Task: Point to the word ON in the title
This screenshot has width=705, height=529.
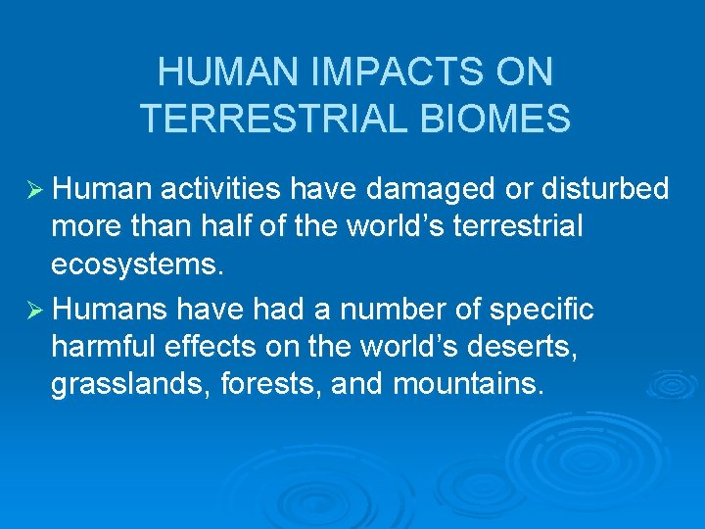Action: click(x=525, y=72)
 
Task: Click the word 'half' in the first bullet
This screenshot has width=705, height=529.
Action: click(x=258, y=225)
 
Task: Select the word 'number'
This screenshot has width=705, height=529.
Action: click(x=380, y=311)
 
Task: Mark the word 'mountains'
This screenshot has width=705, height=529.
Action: click(x=466, y=384)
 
